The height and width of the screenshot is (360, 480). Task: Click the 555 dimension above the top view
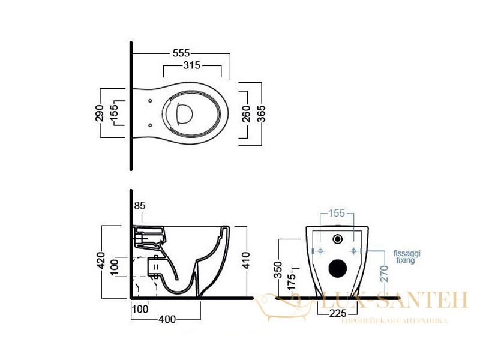coord(181,53)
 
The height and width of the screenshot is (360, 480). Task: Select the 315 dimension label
coord(192,65)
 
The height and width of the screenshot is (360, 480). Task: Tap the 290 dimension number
coord(100,113)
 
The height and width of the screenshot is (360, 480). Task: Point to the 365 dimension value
coord(261,114)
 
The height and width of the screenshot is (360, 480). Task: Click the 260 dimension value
coord(246,113)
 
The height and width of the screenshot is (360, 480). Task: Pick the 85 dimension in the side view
coord(140,206)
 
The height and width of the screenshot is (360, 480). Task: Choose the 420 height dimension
coord(101,261)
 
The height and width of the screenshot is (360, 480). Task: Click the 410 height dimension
coord(246,260)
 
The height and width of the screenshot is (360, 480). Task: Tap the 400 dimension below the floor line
coord(167,319)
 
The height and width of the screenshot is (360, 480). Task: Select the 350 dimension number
coord(278,269)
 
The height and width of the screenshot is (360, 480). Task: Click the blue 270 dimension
coord(384,274)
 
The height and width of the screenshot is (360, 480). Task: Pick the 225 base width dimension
coord(338,313)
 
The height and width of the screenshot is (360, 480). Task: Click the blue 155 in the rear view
coord(337,213)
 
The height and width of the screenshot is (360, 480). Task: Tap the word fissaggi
coord(407,254)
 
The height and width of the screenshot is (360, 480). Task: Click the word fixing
coord(406,260)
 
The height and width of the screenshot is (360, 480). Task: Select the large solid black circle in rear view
coord(338,268)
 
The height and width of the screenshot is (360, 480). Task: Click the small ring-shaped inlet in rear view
coord(337,239)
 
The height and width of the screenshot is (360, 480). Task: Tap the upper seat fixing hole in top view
coord(150,101)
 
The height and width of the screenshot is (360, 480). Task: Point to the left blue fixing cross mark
coord(320,251)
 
